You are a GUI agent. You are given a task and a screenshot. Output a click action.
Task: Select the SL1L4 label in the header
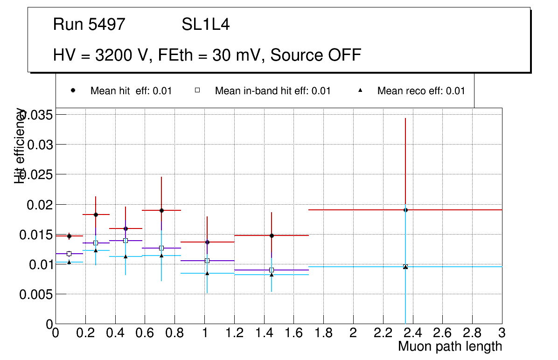205,25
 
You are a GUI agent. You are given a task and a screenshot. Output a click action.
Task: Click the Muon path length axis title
450,346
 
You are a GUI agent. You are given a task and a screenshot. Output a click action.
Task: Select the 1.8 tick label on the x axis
323,332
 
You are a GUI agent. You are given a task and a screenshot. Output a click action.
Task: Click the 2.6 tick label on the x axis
442,332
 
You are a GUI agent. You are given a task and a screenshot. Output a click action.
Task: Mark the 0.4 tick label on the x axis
115,332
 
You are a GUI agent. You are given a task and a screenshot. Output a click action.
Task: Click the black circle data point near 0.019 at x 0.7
161,210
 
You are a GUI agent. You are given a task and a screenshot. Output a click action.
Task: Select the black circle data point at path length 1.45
272,235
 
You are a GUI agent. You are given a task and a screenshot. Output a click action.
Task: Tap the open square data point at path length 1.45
272,270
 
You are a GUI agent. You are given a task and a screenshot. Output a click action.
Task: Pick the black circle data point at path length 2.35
405,210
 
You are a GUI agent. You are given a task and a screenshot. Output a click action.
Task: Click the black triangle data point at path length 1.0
207,273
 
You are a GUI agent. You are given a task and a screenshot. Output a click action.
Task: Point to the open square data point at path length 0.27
96,243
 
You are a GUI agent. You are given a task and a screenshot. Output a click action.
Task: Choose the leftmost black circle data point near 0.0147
69,236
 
